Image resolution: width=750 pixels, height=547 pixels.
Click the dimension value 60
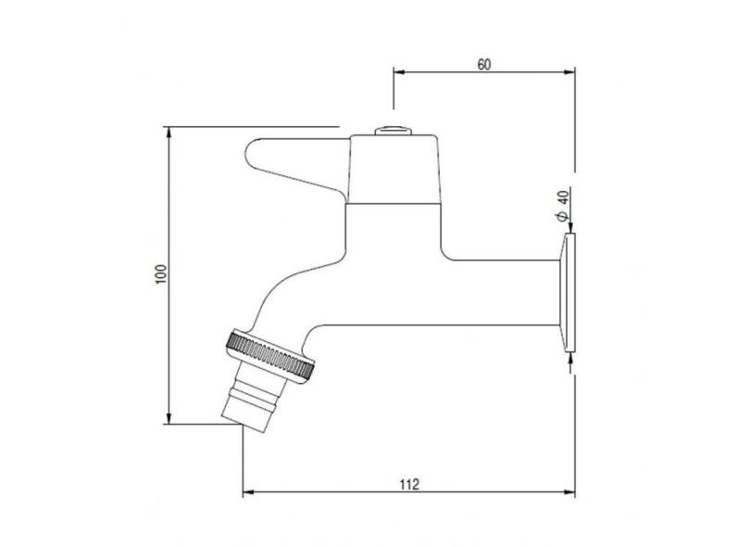(x=484, y=64)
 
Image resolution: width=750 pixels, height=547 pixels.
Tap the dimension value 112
(x=409, y=484)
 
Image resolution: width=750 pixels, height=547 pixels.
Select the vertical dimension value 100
(x=161, y=274)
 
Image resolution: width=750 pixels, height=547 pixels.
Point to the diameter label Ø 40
(x=563, y=205)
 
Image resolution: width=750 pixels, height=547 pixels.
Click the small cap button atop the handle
(x=393, y=131)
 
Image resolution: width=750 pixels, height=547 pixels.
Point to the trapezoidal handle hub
(x=394, y=169)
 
